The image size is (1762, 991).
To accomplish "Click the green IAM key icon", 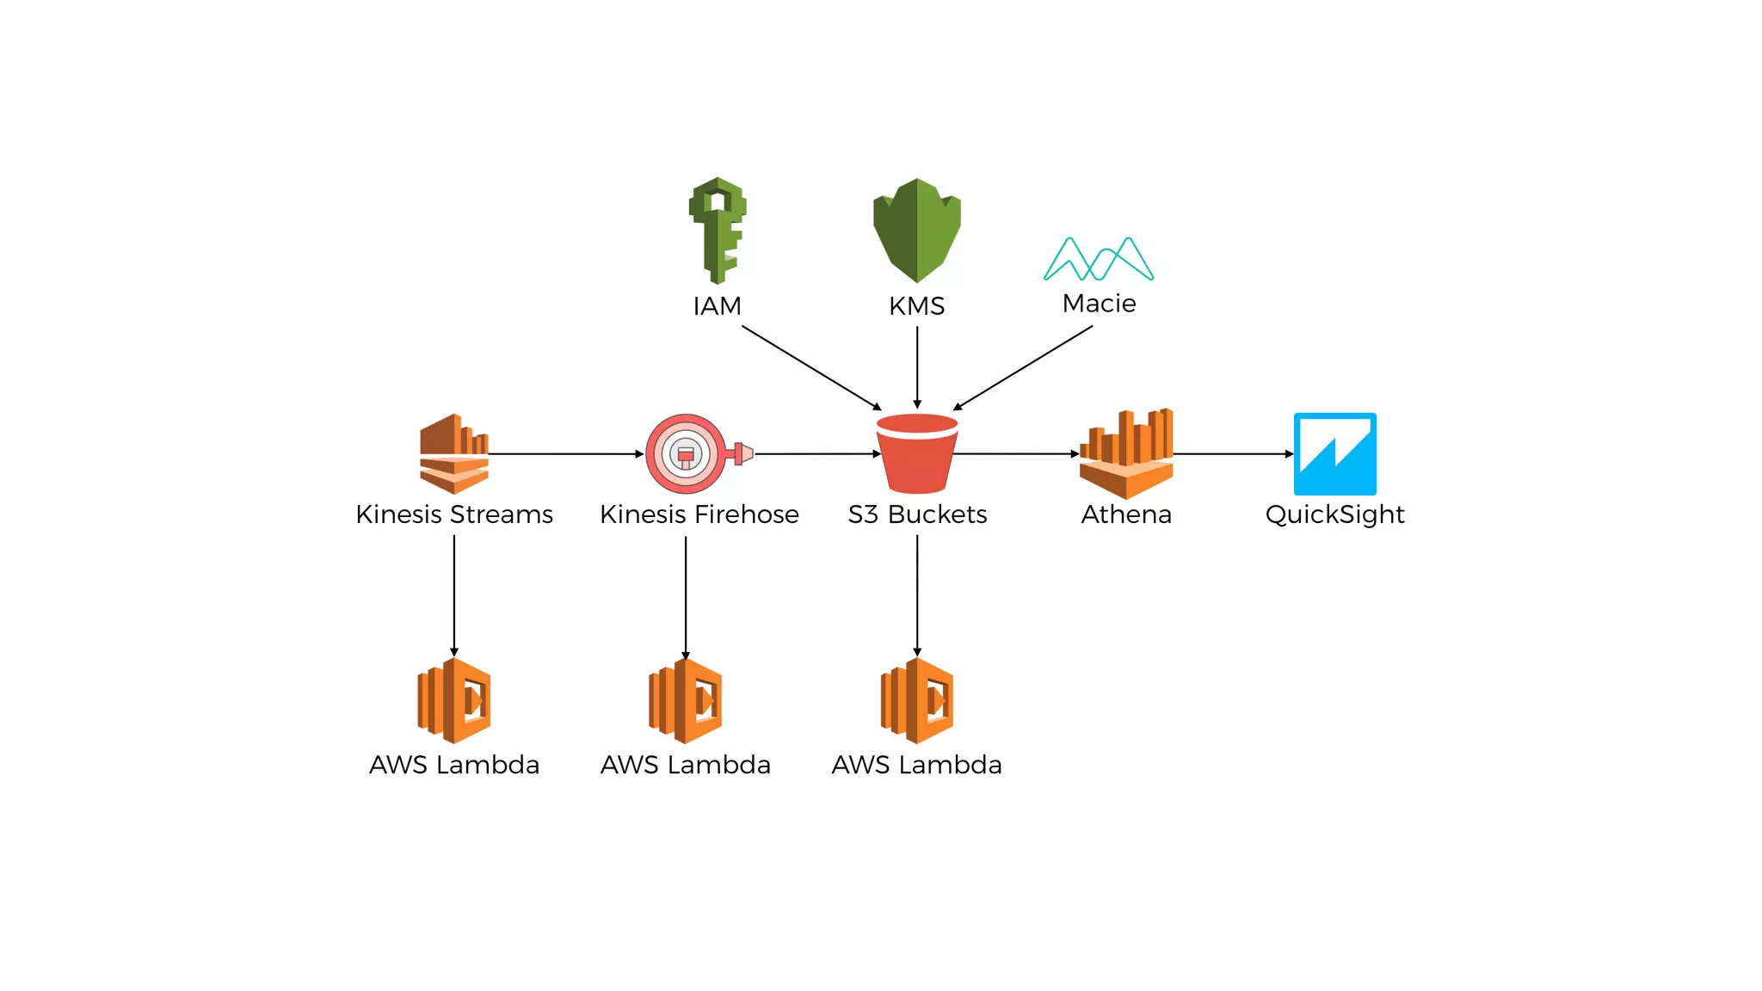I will pyautogui.click(x=718, y=230).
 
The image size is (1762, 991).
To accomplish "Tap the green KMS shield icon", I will pyautogui.click(x=917, y=230).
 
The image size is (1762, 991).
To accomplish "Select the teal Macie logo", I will pyautogui.click(x=1099, y=259).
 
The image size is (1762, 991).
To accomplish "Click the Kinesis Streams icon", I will pyautogui.click(x=454, y=453).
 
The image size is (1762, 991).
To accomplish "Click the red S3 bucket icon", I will pyautogui.click(x=917, y=453).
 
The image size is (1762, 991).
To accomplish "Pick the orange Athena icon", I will pyautogui.click(x=1126, y=453).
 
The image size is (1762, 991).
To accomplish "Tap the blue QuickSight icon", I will pyautogui.click(x=1334, y=453).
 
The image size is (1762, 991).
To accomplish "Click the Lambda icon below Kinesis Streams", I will pyautogui.click(x=454, y=700).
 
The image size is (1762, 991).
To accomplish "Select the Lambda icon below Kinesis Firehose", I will pyautogui.click(x=686, y=700).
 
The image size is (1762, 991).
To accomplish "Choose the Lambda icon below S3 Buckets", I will pyautogui.click(x=917, y=700).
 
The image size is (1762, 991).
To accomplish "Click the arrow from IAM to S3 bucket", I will pyautogui.click(x=811, y=367).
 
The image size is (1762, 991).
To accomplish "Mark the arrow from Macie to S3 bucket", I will pyautogui.click(x=1024, y=367).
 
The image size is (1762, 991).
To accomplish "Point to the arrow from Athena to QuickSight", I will pyautogui.click(x=1233, y=453).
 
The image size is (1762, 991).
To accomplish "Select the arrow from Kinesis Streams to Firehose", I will pyautogui.click(x=565, y=453).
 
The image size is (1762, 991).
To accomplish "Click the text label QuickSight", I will pyautogui.click(x=1334, y=514).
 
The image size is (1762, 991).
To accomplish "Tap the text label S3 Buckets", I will pyautogui.click(x=917, y=514).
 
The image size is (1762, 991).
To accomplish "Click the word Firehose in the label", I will pyautogui.click(x=747, y=514).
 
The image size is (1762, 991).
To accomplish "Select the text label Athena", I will pyautogui.click(x=1126, y=514).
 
